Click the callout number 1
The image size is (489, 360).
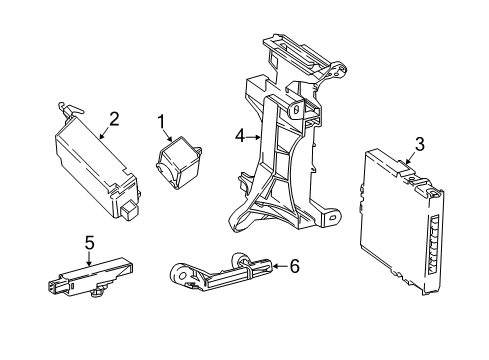click(159, 122)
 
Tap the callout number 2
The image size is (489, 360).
click(114, 119)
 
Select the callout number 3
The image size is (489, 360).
click(419, 145)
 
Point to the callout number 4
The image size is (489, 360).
click(240, 135)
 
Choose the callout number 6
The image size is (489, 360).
click(294, 266)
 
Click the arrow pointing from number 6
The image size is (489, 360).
click(276, 266)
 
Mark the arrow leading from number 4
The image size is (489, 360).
click(255, 135)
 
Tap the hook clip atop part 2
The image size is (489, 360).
click(69, 108)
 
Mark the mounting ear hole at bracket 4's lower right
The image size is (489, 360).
click(328, 211)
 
